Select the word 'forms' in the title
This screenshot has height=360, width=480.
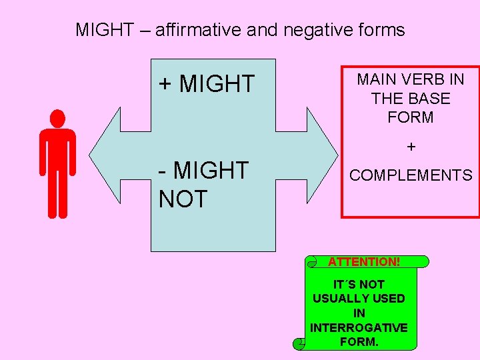pyautogui.click(x=381, y=30)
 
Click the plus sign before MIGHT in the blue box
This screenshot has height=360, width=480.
pyautogui.click(x=165, y=84)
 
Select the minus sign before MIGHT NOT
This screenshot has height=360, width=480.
pyautogui.click(x=162, y=171)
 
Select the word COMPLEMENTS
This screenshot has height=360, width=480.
pyautogui.click(x=411, y=175)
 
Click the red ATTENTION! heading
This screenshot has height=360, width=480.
pyautogui.click(x=364, y=262)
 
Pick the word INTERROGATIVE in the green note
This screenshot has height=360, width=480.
pyautogui.click(x=359, y=327)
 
